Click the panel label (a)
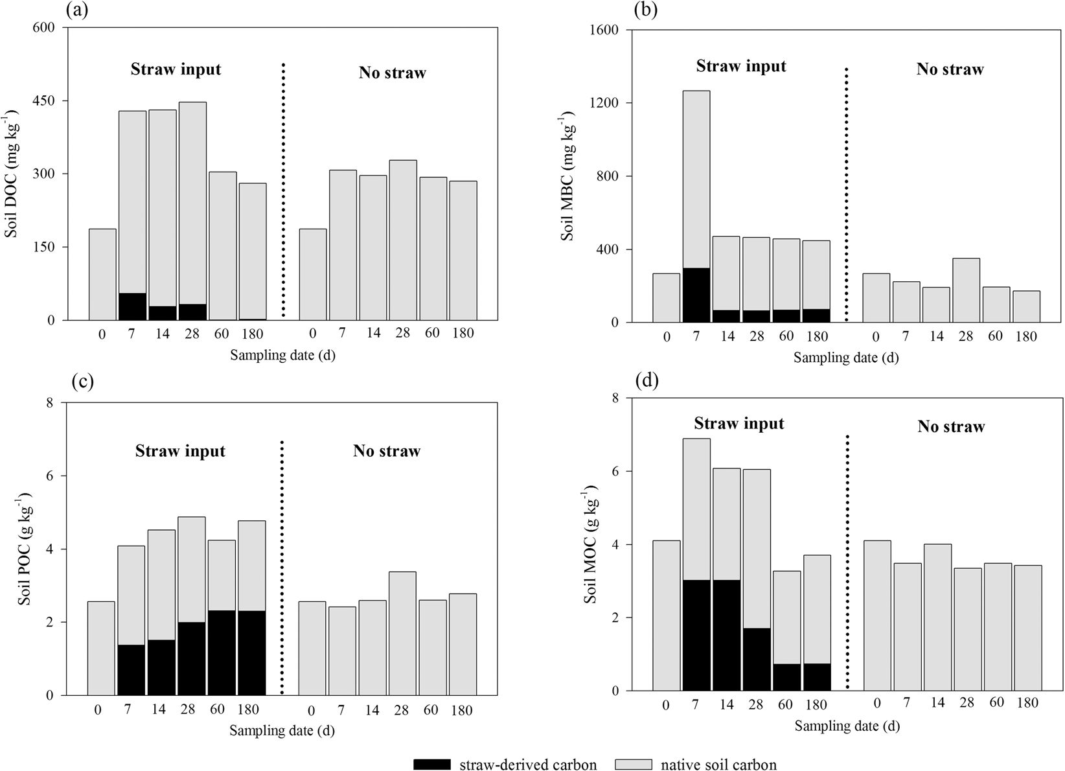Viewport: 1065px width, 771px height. (77, 10)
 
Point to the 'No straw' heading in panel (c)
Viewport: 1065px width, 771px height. (387, 451)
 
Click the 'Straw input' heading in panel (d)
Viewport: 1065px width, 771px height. (739, 424)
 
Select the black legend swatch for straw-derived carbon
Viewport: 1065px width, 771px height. (440, 764)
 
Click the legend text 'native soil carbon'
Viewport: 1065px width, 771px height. (718, 765)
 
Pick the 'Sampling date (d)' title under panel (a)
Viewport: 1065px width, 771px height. (282, 355)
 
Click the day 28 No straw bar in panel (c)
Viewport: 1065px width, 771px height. (402, 633)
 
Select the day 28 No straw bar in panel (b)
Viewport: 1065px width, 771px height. (966, 290)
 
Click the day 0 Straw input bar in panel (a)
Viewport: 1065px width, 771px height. (102, 275)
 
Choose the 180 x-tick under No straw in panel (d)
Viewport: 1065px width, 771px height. (1027, 703)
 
